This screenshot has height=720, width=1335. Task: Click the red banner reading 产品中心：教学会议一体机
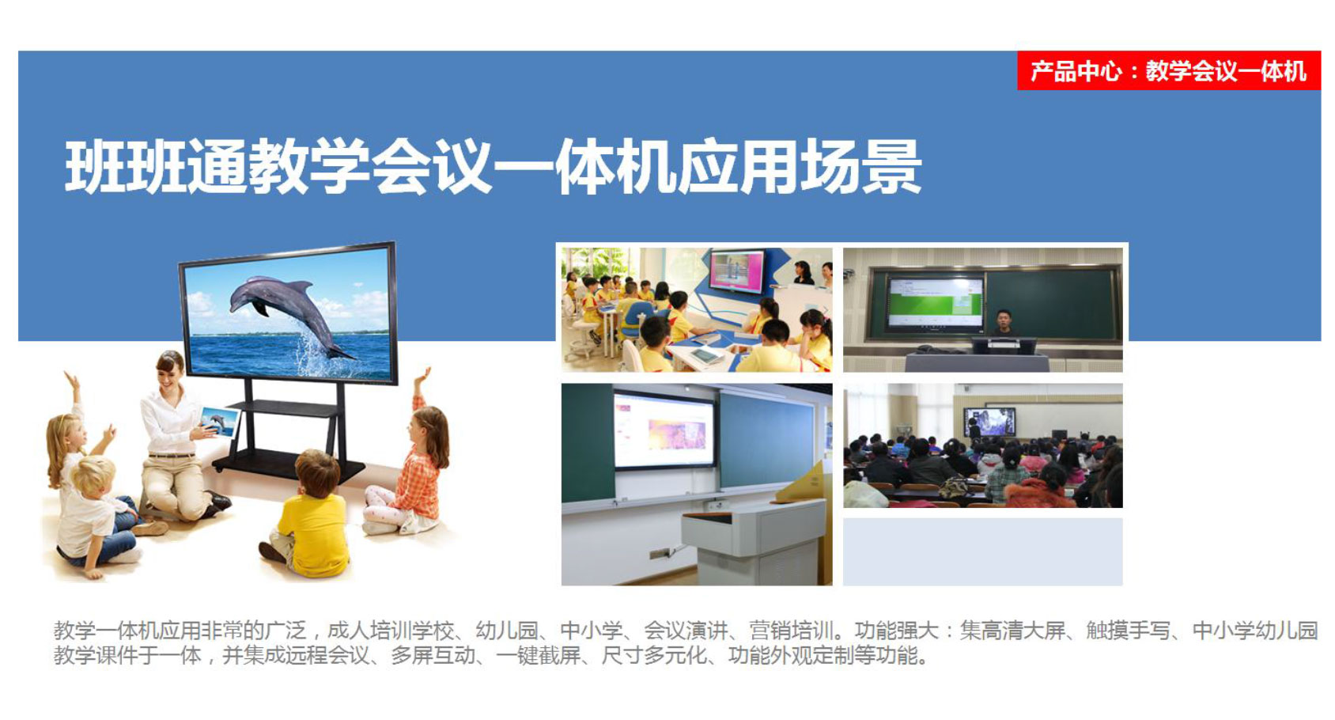pyautogui.click(x=1169, y=71)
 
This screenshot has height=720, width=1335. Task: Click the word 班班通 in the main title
pyautogui.click(x=156, y=166)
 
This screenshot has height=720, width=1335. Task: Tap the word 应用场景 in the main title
pyautogui.click(x=800, y=166)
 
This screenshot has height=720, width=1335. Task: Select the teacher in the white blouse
pyautogui.click(x=179, y=441)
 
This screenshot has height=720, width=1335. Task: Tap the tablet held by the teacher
pyautogui.click(x=219, y=423)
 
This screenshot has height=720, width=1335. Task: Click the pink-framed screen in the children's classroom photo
pyautogui.click(x=737, y=272)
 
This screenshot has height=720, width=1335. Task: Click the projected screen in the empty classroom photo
pyautogui.click(x=664, y=428)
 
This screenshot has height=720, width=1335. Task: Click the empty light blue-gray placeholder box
pyautogui.click(x=983, y=552)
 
